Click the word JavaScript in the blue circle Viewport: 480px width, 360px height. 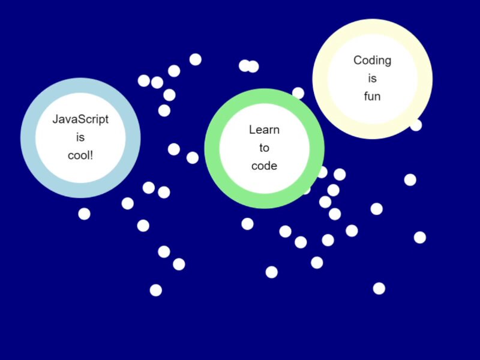(x=80, y=119)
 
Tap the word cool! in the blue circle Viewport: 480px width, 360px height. (x=80, y=155)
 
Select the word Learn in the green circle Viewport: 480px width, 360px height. (x=264, y=130)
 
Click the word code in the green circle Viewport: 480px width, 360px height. (x=264, y=166)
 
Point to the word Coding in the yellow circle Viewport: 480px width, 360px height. (x=372, y=60)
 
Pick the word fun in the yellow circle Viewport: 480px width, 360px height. (x=372, y=96)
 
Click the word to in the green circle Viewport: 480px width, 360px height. (x=264, y=148)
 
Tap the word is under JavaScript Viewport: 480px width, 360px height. (x=80, y=137)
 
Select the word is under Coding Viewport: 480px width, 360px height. (x=372, y=78)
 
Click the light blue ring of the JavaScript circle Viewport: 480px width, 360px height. (x=28, y=137)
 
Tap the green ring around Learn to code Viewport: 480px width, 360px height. (x=212, y=148)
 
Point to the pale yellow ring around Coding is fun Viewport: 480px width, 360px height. (x=320, y=79)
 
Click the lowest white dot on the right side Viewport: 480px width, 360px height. (x=379, y=289)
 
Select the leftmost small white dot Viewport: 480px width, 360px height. (x=84, y=214)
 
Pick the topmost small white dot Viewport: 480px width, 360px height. (x=195, y=59)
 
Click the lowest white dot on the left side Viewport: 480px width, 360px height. (x=155, y=290)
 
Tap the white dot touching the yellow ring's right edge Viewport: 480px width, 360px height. (x=416, y=125)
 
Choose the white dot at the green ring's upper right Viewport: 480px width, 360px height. (x=298, y=93)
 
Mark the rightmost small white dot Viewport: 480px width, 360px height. (x=420, y=238)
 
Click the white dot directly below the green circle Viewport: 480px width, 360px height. (x=247, y=224)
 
